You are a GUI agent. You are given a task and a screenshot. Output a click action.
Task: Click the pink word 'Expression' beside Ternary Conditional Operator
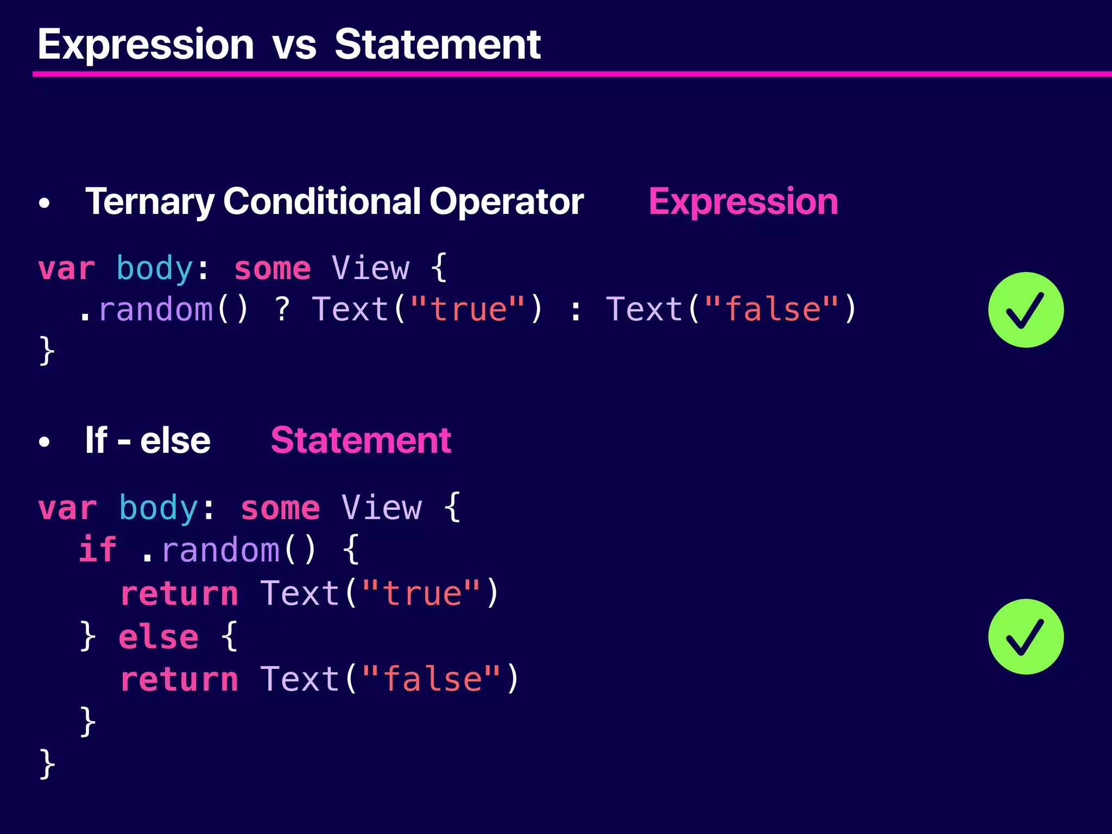tap(743, 202)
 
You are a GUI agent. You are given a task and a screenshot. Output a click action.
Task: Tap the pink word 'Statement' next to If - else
tap(361, 440)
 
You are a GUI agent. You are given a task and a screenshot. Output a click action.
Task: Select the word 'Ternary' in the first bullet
tap(150, 202)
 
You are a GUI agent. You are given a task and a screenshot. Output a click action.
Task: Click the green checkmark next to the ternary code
tap(1025, 310)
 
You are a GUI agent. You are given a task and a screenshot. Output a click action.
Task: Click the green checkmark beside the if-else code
tap(1025, 637)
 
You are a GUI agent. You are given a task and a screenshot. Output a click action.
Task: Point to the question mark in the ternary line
tap(282, 309)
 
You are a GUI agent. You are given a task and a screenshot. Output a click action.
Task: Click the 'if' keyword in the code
tap(98, 549)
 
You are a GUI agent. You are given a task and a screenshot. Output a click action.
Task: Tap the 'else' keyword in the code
tap(159, 636)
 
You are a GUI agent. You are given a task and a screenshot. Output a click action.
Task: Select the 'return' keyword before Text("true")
tap(179, 593)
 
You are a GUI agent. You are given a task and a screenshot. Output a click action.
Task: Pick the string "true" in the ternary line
tap(467, 309)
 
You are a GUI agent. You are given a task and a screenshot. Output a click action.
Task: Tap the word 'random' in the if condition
tap(220, 550)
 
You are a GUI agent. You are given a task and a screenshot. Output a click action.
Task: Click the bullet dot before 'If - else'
tap(45, 442)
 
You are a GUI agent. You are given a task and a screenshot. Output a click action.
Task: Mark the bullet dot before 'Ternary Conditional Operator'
tap(45, 204)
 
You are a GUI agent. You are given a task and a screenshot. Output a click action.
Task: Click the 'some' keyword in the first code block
tap(273, 269)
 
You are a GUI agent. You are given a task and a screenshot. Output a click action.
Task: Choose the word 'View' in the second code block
tap(382, 508)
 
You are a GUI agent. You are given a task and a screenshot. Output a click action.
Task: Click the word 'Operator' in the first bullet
tap(506, 202)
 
